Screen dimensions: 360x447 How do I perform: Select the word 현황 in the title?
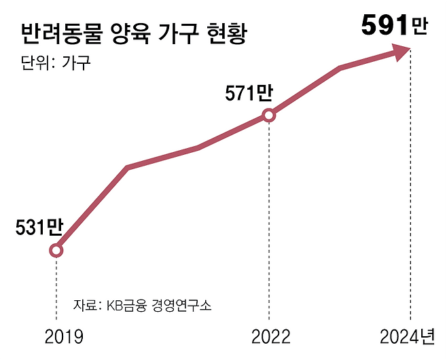point(223,34)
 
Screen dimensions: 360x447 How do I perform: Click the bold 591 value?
point(385,26)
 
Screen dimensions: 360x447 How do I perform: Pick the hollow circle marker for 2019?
point(56,251)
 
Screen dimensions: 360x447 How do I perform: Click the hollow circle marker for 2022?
point(269,115)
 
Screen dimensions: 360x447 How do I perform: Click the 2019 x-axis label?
point(64,336)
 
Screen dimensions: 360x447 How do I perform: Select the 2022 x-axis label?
point(270,336)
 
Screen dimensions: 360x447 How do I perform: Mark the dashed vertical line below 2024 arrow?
point(411,190)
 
